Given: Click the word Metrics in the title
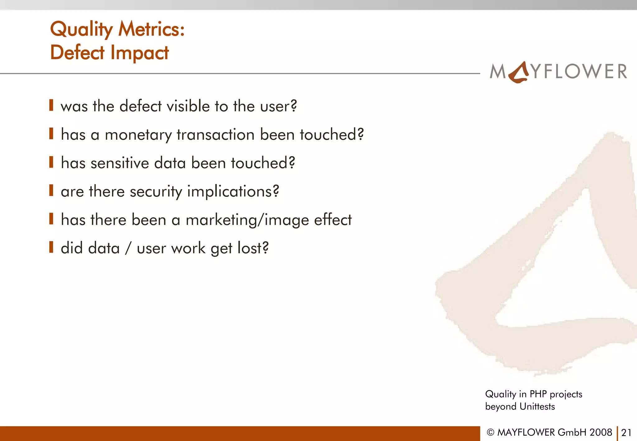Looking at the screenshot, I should [x=151, y=29].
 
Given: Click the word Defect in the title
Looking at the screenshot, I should [x=77, y=52].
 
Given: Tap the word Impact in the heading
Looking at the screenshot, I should [x=140, y=53].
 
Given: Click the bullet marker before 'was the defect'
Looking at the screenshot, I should [x=51, y=105].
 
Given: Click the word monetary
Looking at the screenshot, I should [x=138, y=135].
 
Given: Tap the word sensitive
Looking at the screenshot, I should [x=120, y=163].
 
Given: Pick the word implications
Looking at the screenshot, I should [x=233, y=192].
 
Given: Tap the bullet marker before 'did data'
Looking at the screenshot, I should [x=51, y=247].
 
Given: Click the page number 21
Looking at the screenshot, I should [x=626, y=433].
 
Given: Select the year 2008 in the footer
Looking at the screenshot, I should [x=601, y=432].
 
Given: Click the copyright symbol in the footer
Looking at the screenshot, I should [x=491, y=433].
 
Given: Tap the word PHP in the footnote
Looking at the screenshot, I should [x=538, y=394].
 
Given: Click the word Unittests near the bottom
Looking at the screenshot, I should [x=537, y=406].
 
